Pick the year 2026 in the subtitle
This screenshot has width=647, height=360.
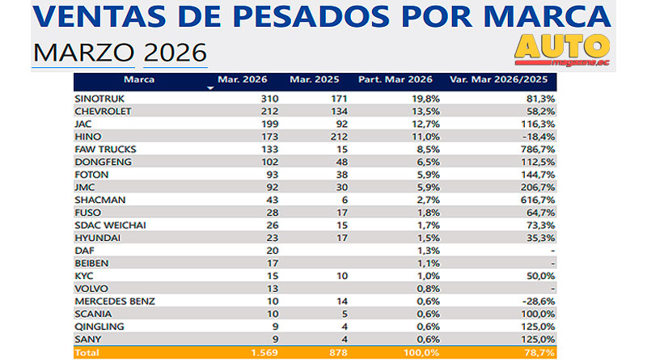[x=175, y=53]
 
